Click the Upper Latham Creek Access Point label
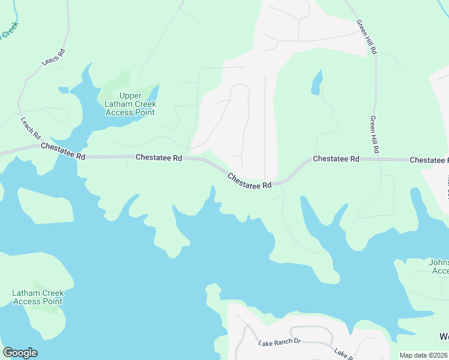(130, 104)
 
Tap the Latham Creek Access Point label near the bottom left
(38, 297)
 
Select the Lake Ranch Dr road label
(279, 343)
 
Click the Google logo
(20, 353)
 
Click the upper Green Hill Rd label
(366, 37)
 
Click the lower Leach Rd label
(30, 127)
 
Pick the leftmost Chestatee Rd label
(63, 151)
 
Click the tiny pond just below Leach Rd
(63, 90)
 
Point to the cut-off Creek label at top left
(9, 31)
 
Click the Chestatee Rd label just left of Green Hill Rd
(336, 159)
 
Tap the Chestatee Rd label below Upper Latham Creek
(158, 157)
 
